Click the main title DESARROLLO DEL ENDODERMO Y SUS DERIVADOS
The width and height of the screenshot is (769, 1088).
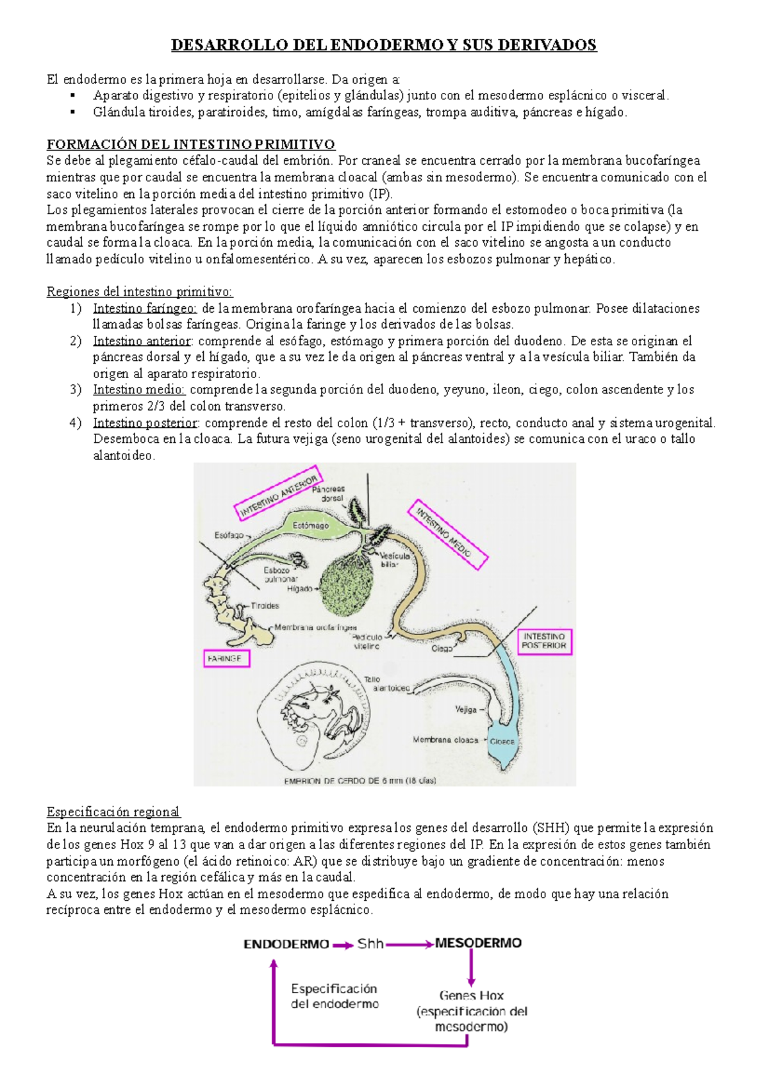pos(383,45)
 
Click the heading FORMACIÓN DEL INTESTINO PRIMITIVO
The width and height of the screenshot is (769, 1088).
pos(190,144)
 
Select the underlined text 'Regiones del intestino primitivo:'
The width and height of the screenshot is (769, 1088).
pos(139,292)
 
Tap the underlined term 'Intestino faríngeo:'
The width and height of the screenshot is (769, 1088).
pos(144,308)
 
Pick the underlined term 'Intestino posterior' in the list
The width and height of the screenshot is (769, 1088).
pos(145,423)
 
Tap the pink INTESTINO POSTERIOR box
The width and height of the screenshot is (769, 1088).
pos(544,641)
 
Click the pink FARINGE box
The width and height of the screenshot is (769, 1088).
pos(225,658)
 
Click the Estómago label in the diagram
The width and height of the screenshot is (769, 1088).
pos(311,525)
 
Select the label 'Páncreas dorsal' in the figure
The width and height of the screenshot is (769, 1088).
pos(329,493)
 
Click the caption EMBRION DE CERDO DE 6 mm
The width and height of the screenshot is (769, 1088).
pos(360,780)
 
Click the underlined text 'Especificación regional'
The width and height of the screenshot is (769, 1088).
pos(113,812)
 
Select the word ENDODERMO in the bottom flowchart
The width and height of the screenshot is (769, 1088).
pos(286,944)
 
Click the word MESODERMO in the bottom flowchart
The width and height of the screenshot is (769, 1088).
pos(478,943)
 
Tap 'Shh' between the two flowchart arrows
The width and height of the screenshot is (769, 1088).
pos(370,943)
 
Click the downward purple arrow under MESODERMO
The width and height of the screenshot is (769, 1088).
pos(471,968)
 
